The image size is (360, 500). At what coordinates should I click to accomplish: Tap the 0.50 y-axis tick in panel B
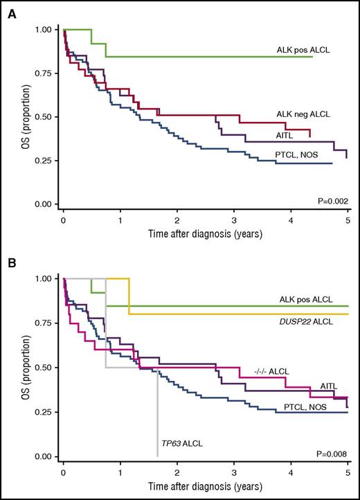pyautogui.click(x=44, y=368)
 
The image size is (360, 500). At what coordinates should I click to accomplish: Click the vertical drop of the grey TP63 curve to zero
pyautogui.click(x=158, y=416)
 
